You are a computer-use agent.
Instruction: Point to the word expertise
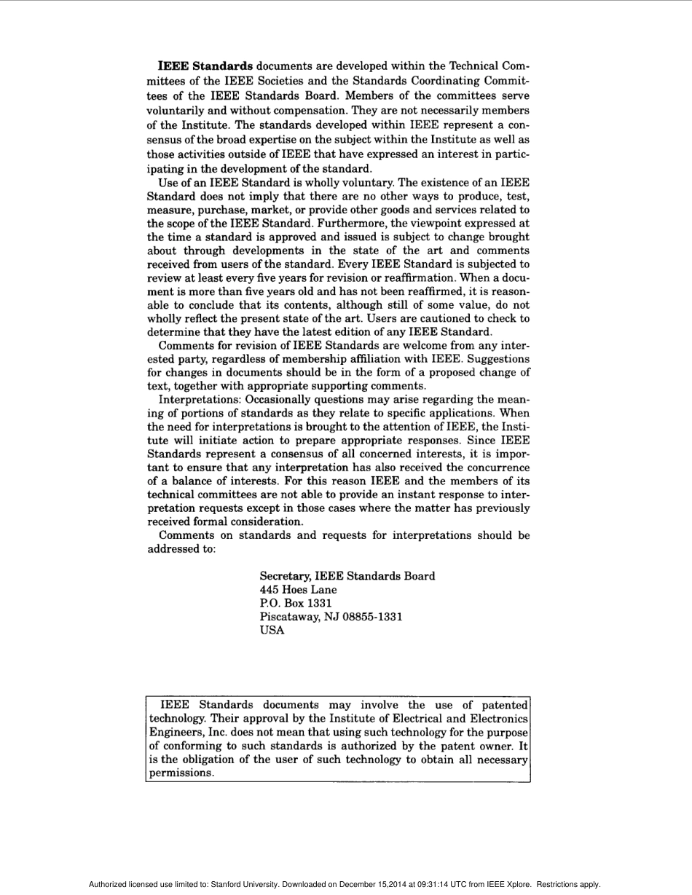pyautogui.click(x=294, y=139)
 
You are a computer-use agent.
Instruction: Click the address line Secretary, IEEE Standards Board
pyautogui.click(x=347, y=576)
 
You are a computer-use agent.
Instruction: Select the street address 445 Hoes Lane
pyautogui.click(x=299, y=590)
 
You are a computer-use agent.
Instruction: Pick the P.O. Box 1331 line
pyautogui.click(x=296, y=604)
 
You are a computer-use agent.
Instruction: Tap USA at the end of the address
pyautogui.click(x=272, y=631)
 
